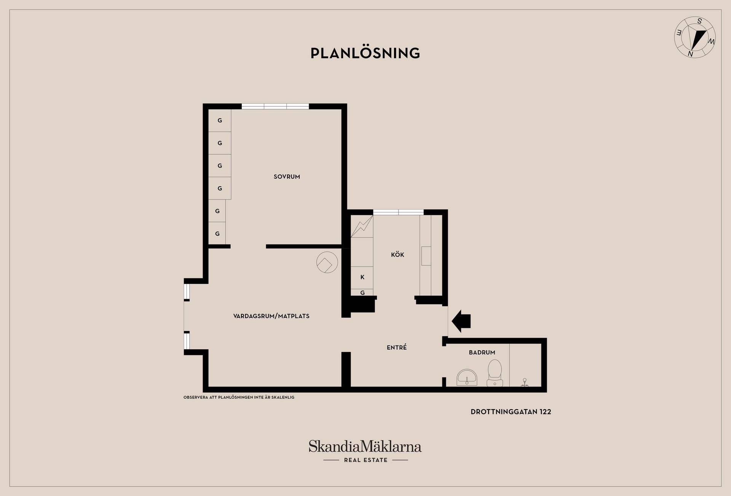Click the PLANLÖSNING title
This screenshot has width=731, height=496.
tap(365, 53)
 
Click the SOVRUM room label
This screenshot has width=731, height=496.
tap(287, 177)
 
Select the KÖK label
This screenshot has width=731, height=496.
tap(397, 254)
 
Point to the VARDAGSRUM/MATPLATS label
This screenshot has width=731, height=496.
tap(271, 316)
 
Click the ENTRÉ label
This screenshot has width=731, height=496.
tap(397, 347)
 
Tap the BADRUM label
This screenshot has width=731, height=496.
tap(482, 353)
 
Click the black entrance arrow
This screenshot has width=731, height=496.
tap(461, 321)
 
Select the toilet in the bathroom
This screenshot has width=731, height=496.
tap(495, 373)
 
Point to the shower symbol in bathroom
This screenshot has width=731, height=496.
tap(524, 382)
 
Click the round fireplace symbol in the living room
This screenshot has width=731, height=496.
tap(327, 262)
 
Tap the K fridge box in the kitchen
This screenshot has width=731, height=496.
tap(362, 277)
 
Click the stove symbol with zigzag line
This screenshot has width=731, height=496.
tap(362, 226)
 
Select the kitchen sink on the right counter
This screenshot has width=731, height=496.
tap(426, 256)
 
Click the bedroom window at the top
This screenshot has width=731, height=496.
tap(275, 106)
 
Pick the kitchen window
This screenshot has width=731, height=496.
tap(398, 212)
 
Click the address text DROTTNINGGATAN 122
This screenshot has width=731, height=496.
tap(511, 412)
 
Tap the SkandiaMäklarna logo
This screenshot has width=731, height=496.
tap(365, 451)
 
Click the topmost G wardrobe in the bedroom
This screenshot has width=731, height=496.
tap(220, 120)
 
